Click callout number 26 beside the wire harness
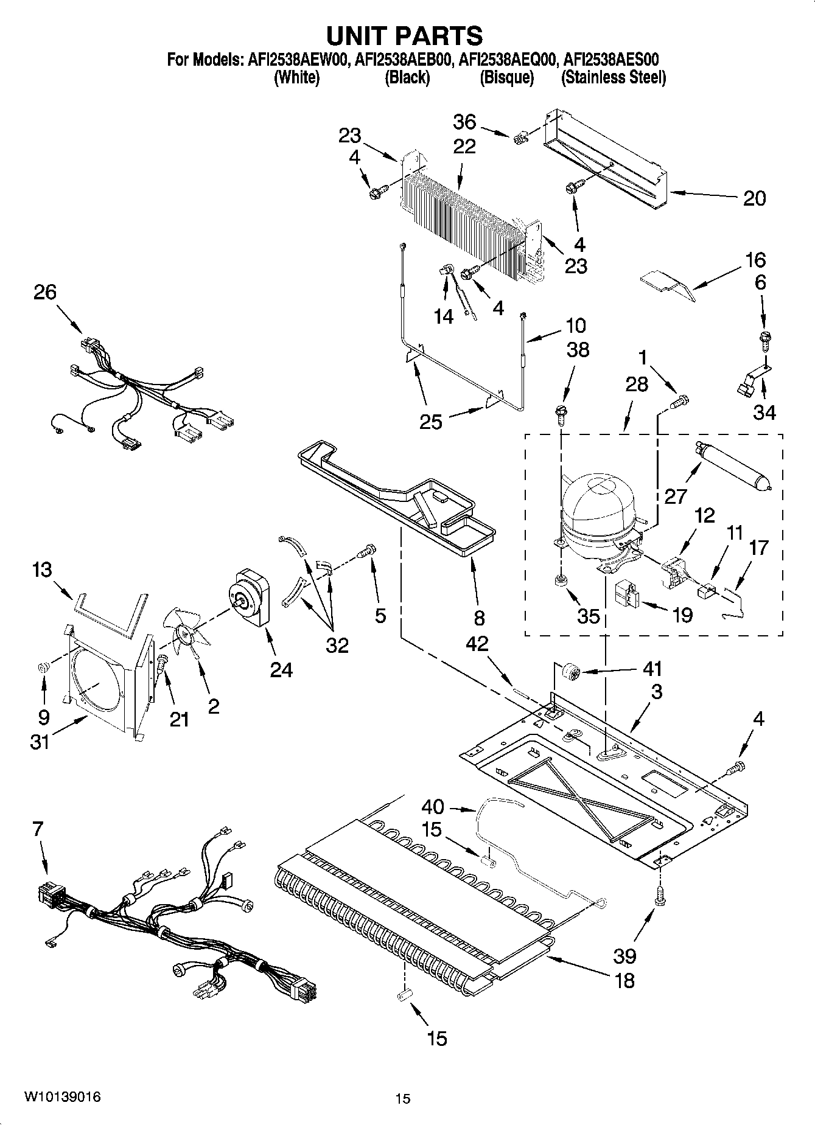tap(45, 292)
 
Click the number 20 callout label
tap(754, 198)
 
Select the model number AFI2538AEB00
tap(404, 60)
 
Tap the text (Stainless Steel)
tap(613, 77)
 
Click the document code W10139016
tap(62, 1097)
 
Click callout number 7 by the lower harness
tap(38, 829)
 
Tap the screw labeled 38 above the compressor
tap(561, 412)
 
